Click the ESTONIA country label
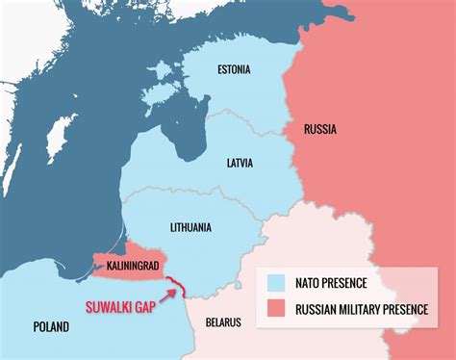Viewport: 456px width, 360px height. [234, 69]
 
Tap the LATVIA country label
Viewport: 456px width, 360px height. [240, 163]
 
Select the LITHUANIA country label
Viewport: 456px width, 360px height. [192, 227]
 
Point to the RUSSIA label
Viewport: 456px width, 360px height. [319, 129]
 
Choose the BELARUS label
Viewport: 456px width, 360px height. [223, 321]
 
